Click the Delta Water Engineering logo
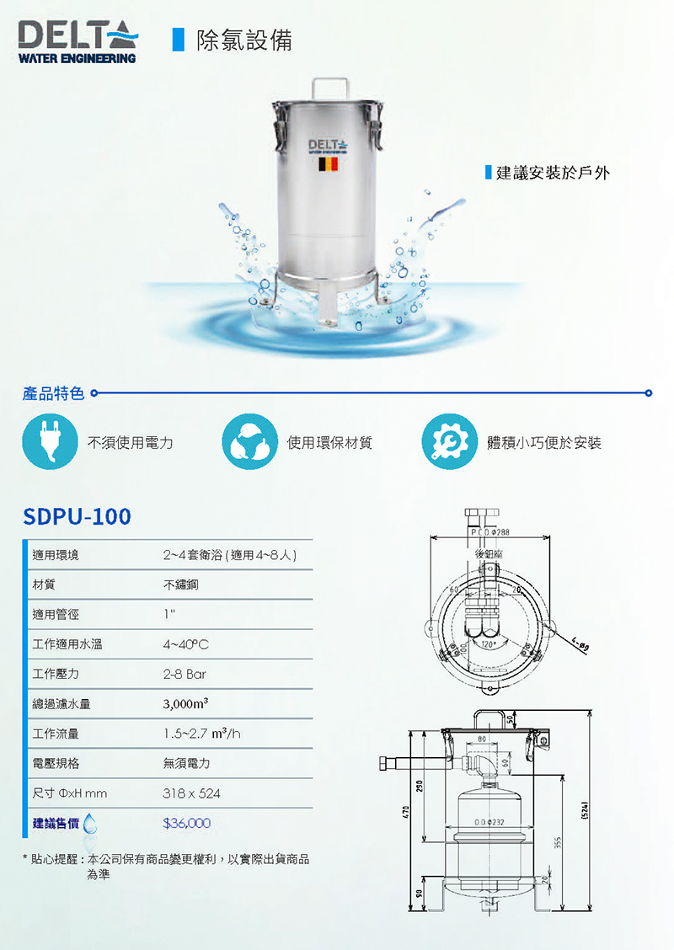[x=78, y=42]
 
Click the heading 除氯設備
[x=243, y=40]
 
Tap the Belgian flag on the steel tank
[x=329, y=163]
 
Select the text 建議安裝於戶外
[x=553, y=173]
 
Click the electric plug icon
[x=50, y=441]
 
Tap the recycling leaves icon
[x=249, y=441]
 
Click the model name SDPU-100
[x=78, y=515]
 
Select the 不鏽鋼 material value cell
[x=181, y=584]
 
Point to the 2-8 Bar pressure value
[x=185, y=674]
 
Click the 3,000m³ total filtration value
[x=185, y=704]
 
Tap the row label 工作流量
[x=56, y=734]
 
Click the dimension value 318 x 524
[x=191, y=793]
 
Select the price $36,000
[x=186, y=823]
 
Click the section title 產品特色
[x=54, y=393]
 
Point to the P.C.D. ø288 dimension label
[x=488, y=532]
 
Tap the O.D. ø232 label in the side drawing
[x=489, y=821]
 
